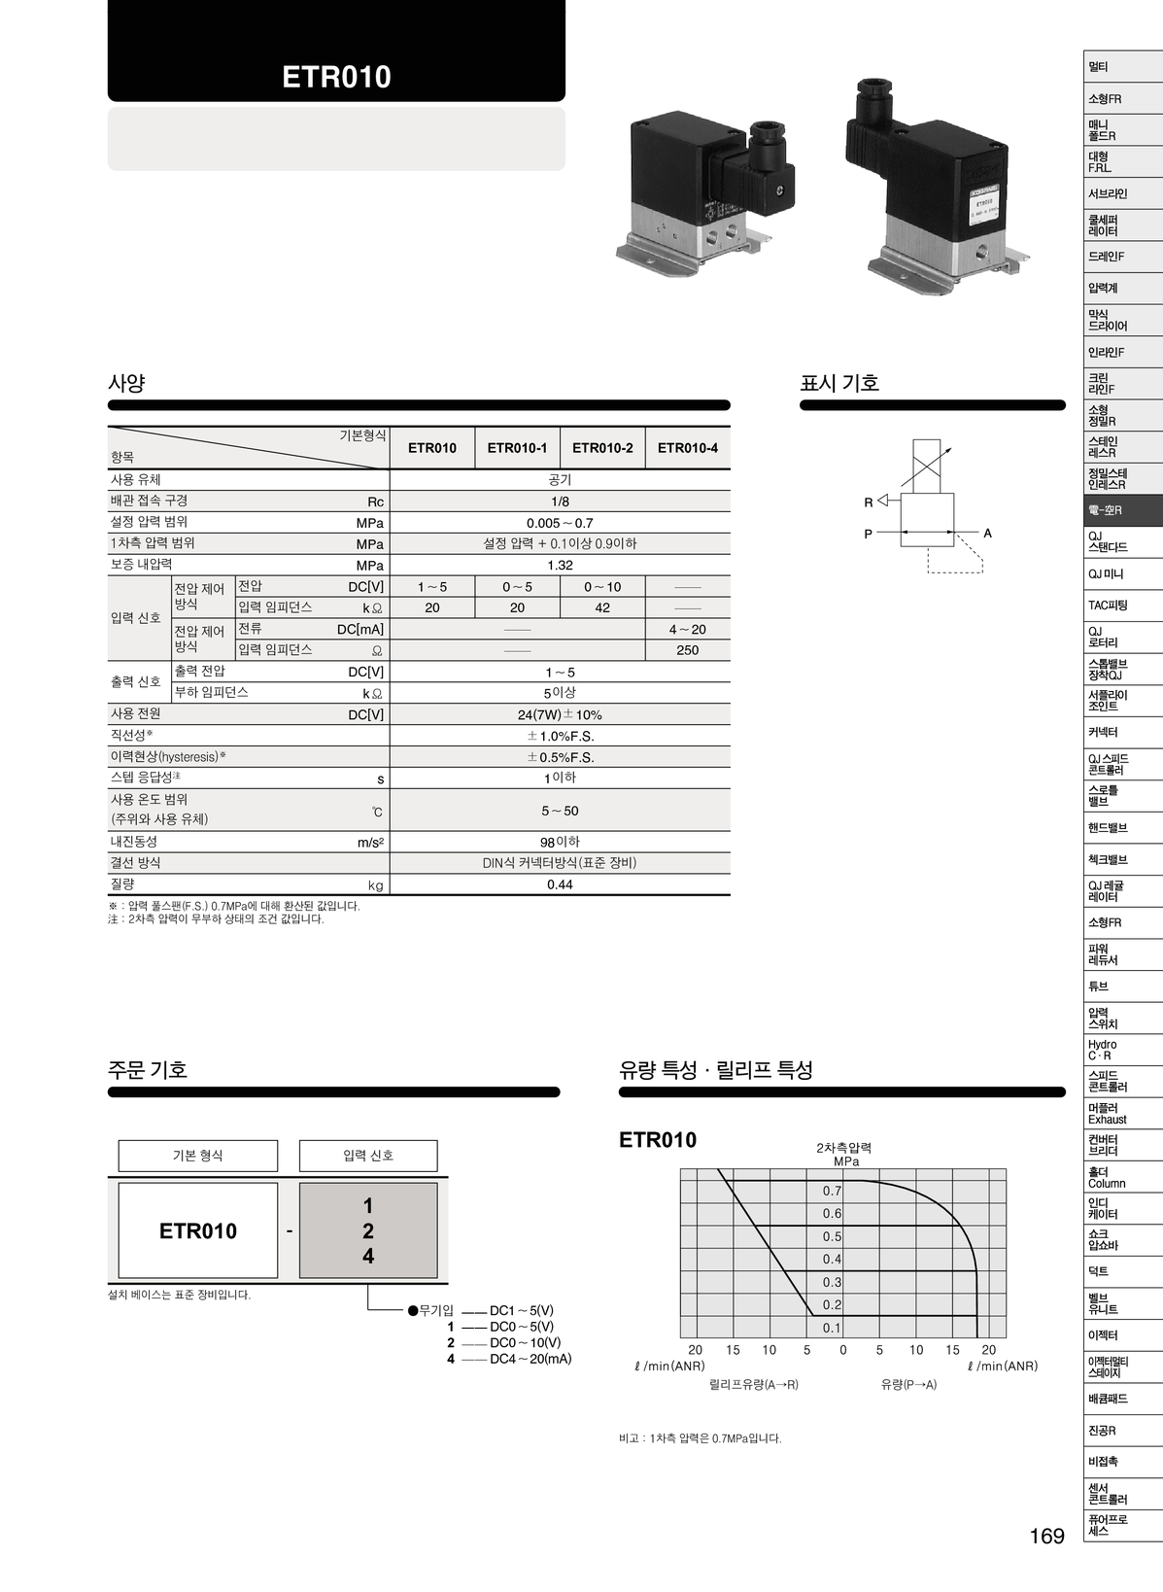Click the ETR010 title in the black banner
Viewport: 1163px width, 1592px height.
tap(336, 78)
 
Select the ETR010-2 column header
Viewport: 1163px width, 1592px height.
tap(602, 448)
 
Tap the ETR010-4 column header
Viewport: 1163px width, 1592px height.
tap(688, 448)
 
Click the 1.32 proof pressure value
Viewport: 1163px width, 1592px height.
tap(560, 566)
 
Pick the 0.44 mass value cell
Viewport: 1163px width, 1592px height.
tap(560, 884)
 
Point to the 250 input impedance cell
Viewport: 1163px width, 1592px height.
tap(688, 650)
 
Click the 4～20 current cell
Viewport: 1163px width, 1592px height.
tap(688, 630)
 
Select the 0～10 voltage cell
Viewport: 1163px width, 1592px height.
tap(602, 587)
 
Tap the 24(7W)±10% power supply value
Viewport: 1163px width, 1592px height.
tap(560, 714)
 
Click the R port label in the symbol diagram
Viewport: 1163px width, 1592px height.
tap(869, 502)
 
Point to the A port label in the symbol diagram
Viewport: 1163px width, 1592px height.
tap(987, 534)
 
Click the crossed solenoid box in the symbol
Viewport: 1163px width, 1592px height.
tap(927, 466)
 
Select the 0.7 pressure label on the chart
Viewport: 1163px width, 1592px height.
tap(832, 1191)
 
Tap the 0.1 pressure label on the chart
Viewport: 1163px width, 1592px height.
tap(832, 1328)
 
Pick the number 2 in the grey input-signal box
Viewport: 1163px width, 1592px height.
tap(368, 1230)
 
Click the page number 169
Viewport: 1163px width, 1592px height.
tap(1047, 1536)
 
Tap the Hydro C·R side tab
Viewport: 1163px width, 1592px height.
tap(1103, 1051)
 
